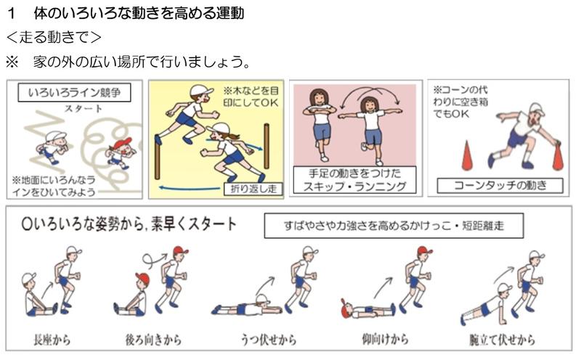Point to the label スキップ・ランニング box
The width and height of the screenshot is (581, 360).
point(352,179)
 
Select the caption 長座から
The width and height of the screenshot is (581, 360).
point(54,339)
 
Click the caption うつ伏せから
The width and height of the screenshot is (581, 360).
point(268,339)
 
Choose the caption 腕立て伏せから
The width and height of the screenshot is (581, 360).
point(503,339)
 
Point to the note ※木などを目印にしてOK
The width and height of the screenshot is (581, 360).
point(251,98)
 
